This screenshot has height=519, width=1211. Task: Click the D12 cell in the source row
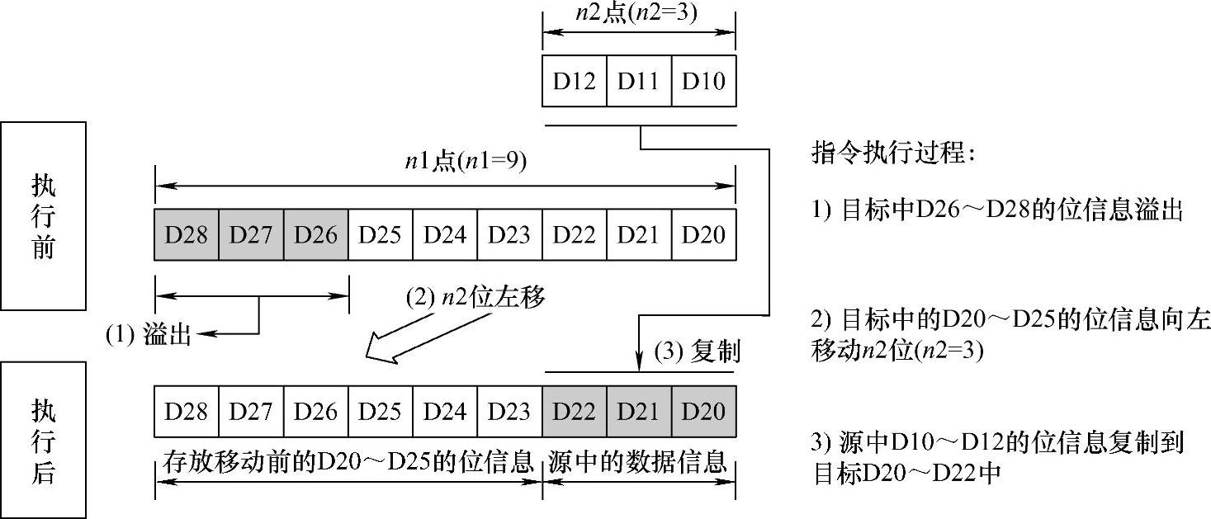[574, 82]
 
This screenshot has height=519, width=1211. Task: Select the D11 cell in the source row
[639, 82]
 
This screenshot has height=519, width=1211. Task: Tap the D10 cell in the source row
[703, 82]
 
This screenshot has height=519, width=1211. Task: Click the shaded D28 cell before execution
[187, 235]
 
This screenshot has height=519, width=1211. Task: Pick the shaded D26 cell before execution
[315, 235]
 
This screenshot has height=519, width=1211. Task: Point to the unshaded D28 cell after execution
[187, 412]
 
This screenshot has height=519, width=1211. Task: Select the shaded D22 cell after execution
[574, 412]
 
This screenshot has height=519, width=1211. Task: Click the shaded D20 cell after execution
[703, 412]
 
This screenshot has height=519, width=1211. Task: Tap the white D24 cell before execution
[445, 235]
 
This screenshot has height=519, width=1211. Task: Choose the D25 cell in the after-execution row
[380, 412]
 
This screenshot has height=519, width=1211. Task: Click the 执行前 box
[43, 216]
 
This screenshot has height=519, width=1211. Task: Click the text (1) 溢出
[149, 335]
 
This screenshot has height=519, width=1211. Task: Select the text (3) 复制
[698, 352]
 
